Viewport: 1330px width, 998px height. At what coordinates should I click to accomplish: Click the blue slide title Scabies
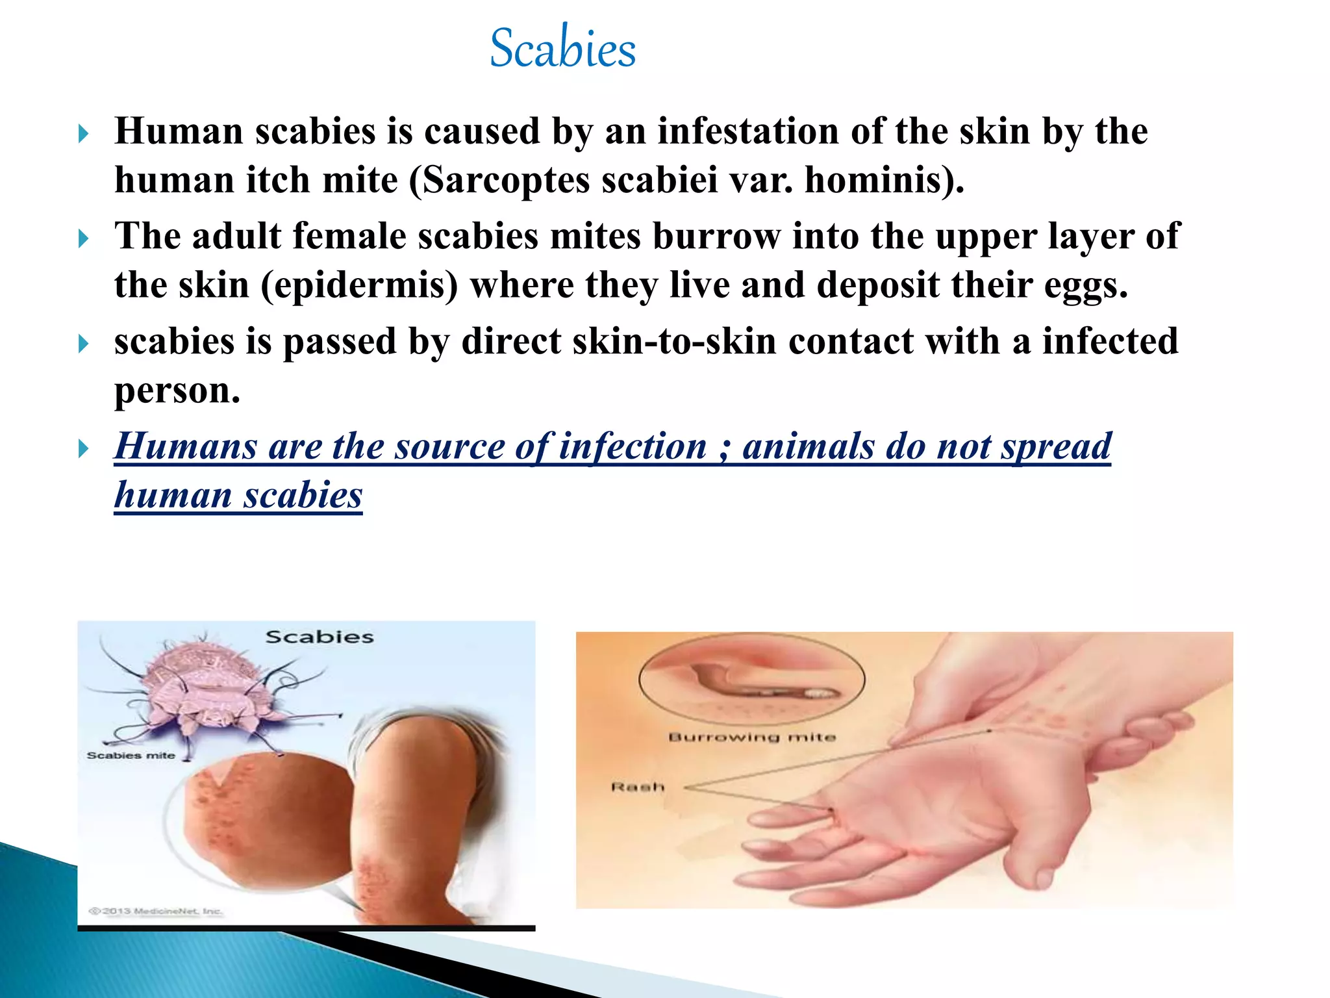pyautogui.click(x=562, y=48)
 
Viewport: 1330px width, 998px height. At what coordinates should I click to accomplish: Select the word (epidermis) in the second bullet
pyautogui.click(x=359, y=286)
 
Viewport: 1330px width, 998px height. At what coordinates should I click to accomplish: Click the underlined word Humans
pyautogui.click(x=186, y=447)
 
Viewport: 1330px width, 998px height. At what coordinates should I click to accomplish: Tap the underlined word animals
pyautogui.click(x=808, y=447)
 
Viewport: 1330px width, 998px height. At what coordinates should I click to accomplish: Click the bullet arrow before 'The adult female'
pyautogui.click(x=83, y=238)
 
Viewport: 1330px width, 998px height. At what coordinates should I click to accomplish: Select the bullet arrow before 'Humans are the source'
pyautogui.click(x=83, y=448)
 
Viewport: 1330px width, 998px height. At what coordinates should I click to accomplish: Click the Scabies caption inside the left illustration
pyautogui.click(x=320, y=637)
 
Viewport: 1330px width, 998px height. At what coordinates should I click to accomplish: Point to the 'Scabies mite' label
pyautogui.click(x=131, y=756)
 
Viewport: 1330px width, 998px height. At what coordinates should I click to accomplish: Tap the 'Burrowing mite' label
pyautogui.click(x=752, y=737)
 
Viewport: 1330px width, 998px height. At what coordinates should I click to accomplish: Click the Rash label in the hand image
pyautogui.click(x=638, y=787)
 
